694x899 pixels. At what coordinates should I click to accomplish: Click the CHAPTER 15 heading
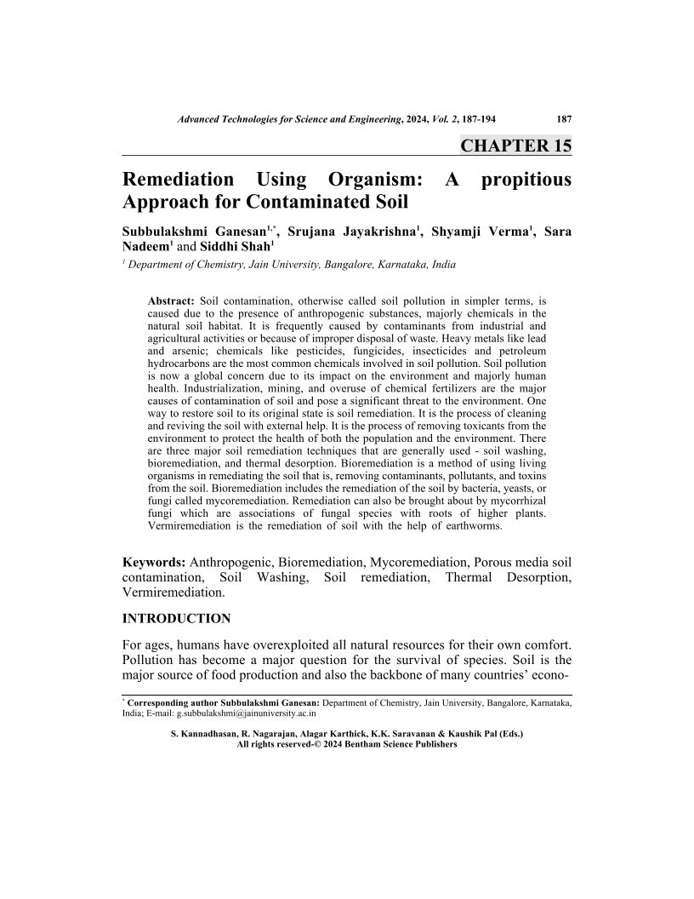click(x=515, y=146)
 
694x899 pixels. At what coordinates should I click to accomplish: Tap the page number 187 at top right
click(x=563, y=120)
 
